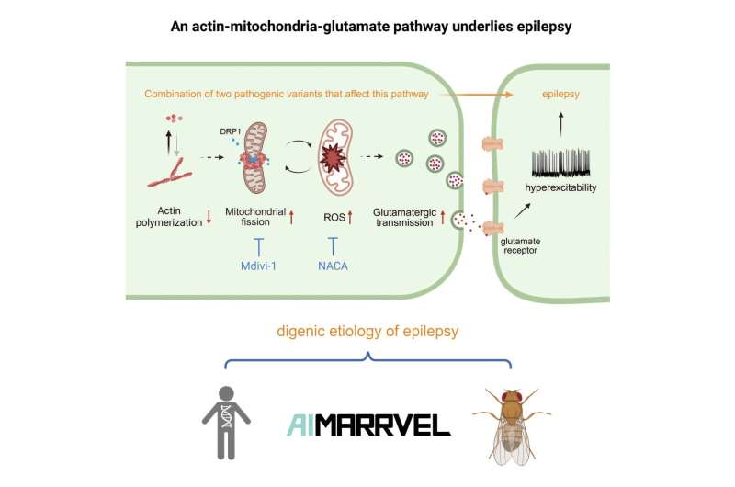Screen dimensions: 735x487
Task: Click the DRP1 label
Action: coord(231,131)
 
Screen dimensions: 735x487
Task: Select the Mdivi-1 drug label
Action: coord(258,266)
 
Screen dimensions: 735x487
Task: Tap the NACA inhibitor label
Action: coord(333,266)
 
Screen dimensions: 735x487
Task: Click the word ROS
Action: coord(334,218)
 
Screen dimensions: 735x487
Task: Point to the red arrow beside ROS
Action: coord(350,218)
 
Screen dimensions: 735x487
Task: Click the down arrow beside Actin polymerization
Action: coord(209,217)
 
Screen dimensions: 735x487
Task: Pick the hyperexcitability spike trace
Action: coord(560,164)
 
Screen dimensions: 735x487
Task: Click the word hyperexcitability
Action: coord(560,188)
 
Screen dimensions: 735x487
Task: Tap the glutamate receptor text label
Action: coord(520,245)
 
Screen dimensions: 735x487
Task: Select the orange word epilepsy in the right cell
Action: coord(560,94)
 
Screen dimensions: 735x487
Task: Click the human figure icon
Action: coord(226,423)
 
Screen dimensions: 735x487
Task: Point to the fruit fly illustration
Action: coord(512,425)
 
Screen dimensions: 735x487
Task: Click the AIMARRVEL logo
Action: coord(368,425)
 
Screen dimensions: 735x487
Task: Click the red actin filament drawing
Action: coord(170,174)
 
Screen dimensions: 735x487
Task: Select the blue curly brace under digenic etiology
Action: coord(368,360)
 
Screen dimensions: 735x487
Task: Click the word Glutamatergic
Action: coord(404,212)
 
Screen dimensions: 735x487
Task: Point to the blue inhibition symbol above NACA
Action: coord(333,246)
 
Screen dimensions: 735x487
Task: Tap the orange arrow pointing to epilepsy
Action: coord(476,95)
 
